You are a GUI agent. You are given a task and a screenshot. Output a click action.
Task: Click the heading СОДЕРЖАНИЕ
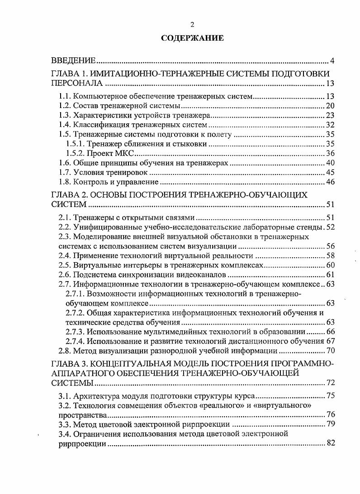coord(192,38)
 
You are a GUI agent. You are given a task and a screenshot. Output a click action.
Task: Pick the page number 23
coord(330,115)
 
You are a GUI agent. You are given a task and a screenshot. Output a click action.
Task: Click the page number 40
coord(330,163)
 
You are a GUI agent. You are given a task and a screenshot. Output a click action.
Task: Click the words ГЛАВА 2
coord(68,195)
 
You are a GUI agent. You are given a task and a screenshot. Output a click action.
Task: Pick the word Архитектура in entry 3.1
coord(95,395)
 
